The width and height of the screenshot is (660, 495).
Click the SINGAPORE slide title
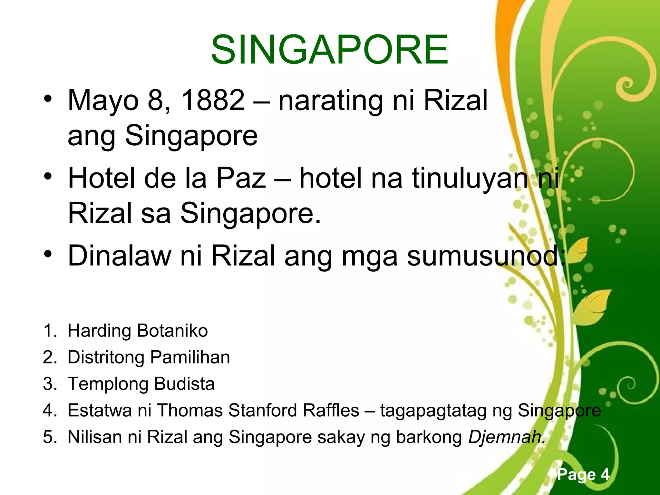(x=329, y=50)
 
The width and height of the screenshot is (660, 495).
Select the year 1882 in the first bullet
(x=213, y=100)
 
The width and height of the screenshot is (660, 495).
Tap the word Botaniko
(x=172, y=331)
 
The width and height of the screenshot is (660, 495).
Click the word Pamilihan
(x=190, y=357)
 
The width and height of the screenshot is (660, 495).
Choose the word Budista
(x=184, y=384)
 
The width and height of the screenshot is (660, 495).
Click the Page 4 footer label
(x=583, y=474)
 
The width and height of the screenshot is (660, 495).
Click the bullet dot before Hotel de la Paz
(x=48, y=177)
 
